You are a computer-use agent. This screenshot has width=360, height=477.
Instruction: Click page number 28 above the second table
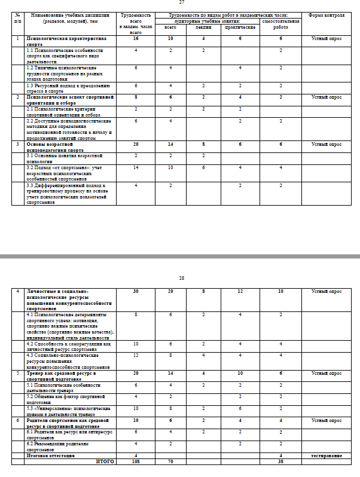[181, 278]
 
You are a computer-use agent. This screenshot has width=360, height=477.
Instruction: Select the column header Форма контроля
[326, 14]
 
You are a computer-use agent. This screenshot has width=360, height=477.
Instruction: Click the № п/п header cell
[17, 17]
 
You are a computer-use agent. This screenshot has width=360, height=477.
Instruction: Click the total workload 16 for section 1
[137, 38]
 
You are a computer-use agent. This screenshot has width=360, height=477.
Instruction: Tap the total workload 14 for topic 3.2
[137, 167]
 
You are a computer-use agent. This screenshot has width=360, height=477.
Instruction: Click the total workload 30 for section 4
[137, 291]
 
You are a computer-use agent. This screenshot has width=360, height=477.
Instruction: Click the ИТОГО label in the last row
[105, 461]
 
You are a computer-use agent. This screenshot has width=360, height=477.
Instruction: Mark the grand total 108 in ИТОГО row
[137, 461]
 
